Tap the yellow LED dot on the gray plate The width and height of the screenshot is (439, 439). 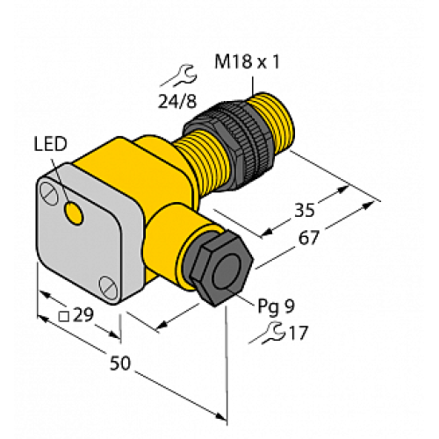[x=74, y=212]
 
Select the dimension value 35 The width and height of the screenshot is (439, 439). [x=305, y=211]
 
